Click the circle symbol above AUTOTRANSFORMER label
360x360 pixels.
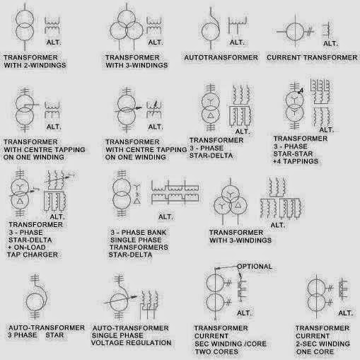click(x=210, y=31)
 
